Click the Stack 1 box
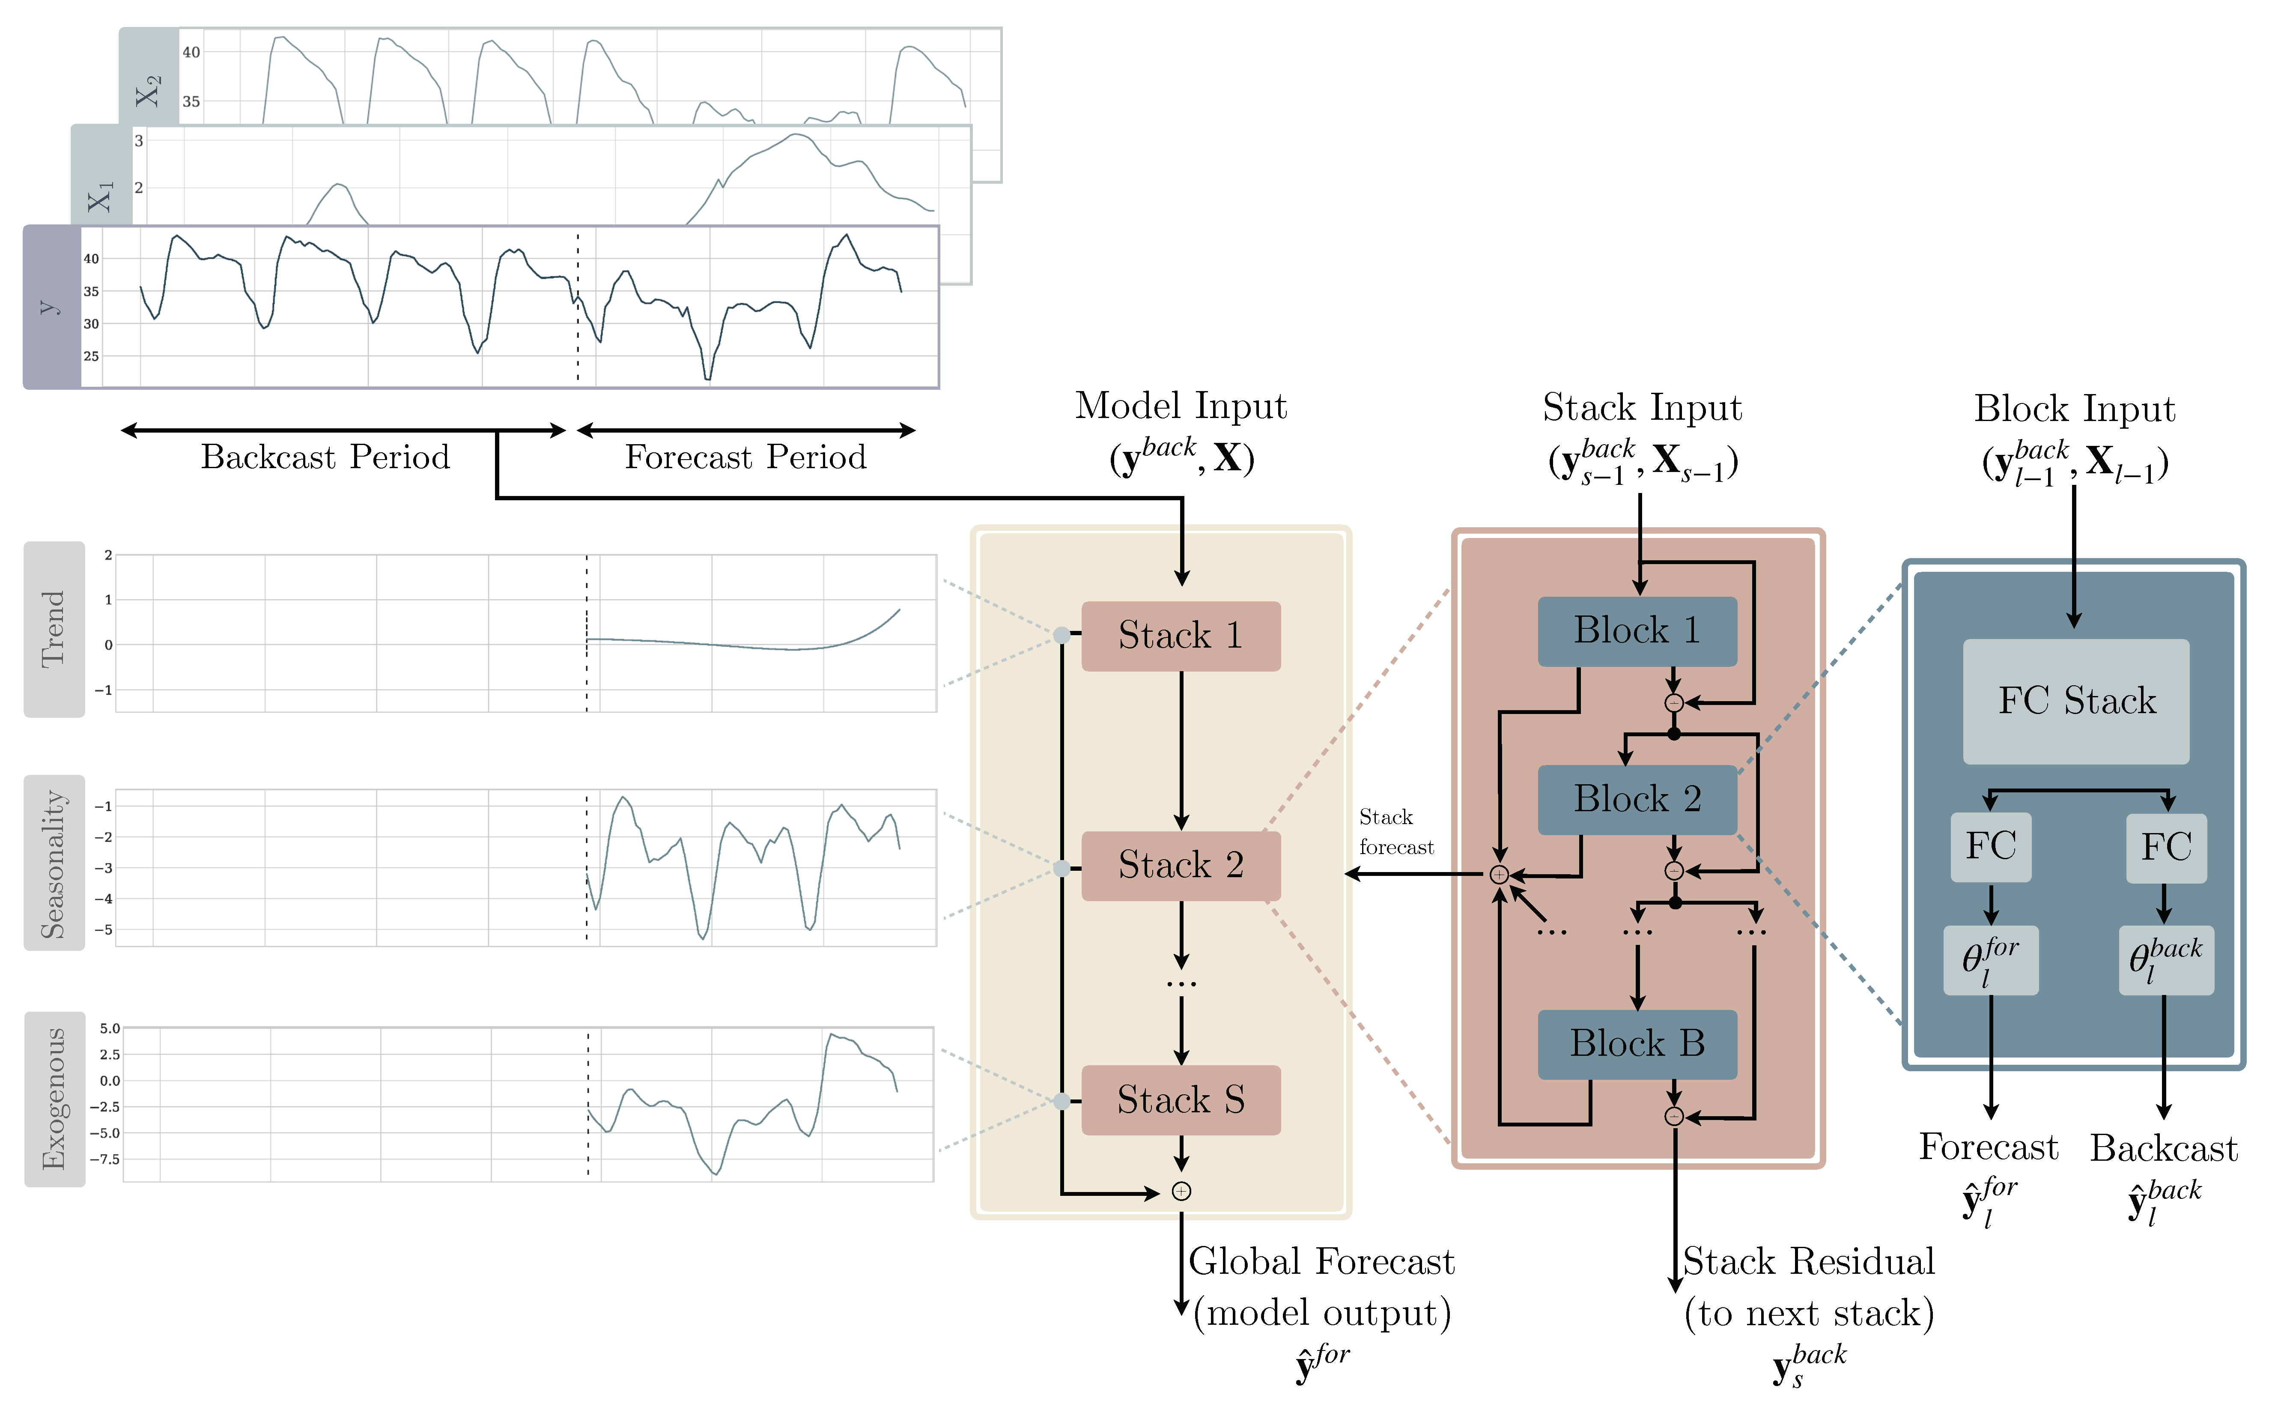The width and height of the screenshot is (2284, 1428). click(1180, 636)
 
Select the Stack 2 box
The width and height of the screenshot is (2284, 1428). click(1180, 865)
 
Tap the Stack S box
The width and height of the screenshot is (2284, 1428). click(1180, 1100)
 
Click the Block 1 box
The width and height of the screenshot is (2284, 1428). click(1636, 631)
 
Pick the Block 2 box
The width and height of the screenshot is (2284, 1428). click(1636, 799)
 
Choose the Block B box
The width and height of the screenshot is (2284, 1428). click(1636, 1044)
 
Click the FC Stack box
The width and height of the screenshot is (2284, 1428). click(2075, 701)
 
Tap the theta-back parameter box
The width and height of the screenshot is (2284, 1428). click(2165, 959)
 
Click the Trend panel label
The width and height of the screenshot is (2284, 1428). click(54, 629)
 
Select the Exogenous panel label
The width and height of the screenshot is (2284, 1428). click(54, 1098)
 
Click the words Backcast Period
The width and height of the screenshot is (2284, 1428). click(325, 457)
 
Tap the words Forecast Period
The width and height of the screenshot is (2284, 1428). click(745, 457)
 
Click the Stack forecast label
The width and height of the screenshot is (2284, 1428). click(1395, 831)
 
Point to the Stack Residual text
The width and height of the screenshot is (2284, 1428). click(1808, 1262)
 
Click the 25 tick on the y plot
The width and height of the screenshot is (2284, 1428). click(91, 356)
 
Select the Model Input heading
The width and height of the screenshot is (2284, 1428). click(1180, 406)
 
